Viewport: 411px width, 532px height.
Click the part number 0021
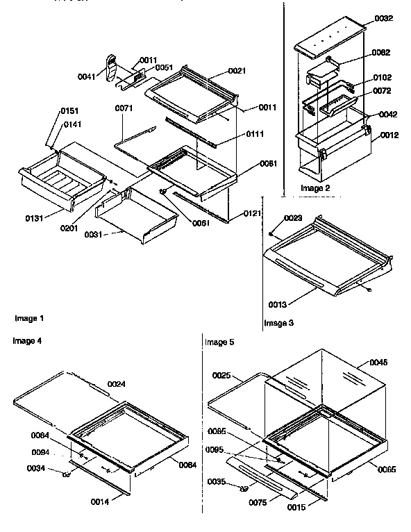coord(219,72)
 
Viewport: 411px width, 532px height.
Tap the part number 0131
coord(35,218)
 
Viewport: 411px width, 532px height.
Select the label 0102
coord(382,78)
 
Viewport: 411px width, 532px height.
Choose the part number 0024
coord(117,384)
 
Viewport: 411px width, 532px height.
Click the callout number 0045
coord(379,362)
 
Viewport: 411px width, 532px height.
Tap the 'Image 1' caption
coord(29,318)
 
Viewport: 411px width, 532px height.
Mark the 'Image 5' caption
coord(220,342)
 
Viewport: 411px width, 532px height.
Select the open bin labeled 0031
coord(135,219)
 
